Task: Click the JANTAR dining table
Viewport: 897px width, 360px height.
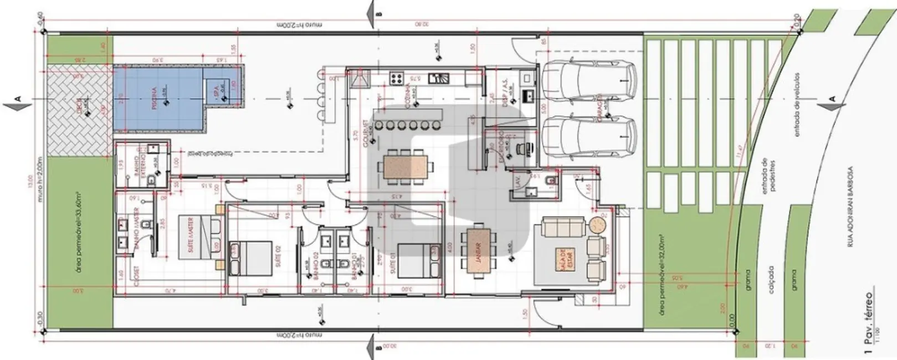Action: point(478,250)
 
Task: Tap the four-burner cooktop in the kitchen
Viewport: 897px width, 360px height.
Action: point(397,78)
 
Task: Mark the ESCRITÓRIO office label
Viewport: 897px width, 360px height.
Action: point(502,144)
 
